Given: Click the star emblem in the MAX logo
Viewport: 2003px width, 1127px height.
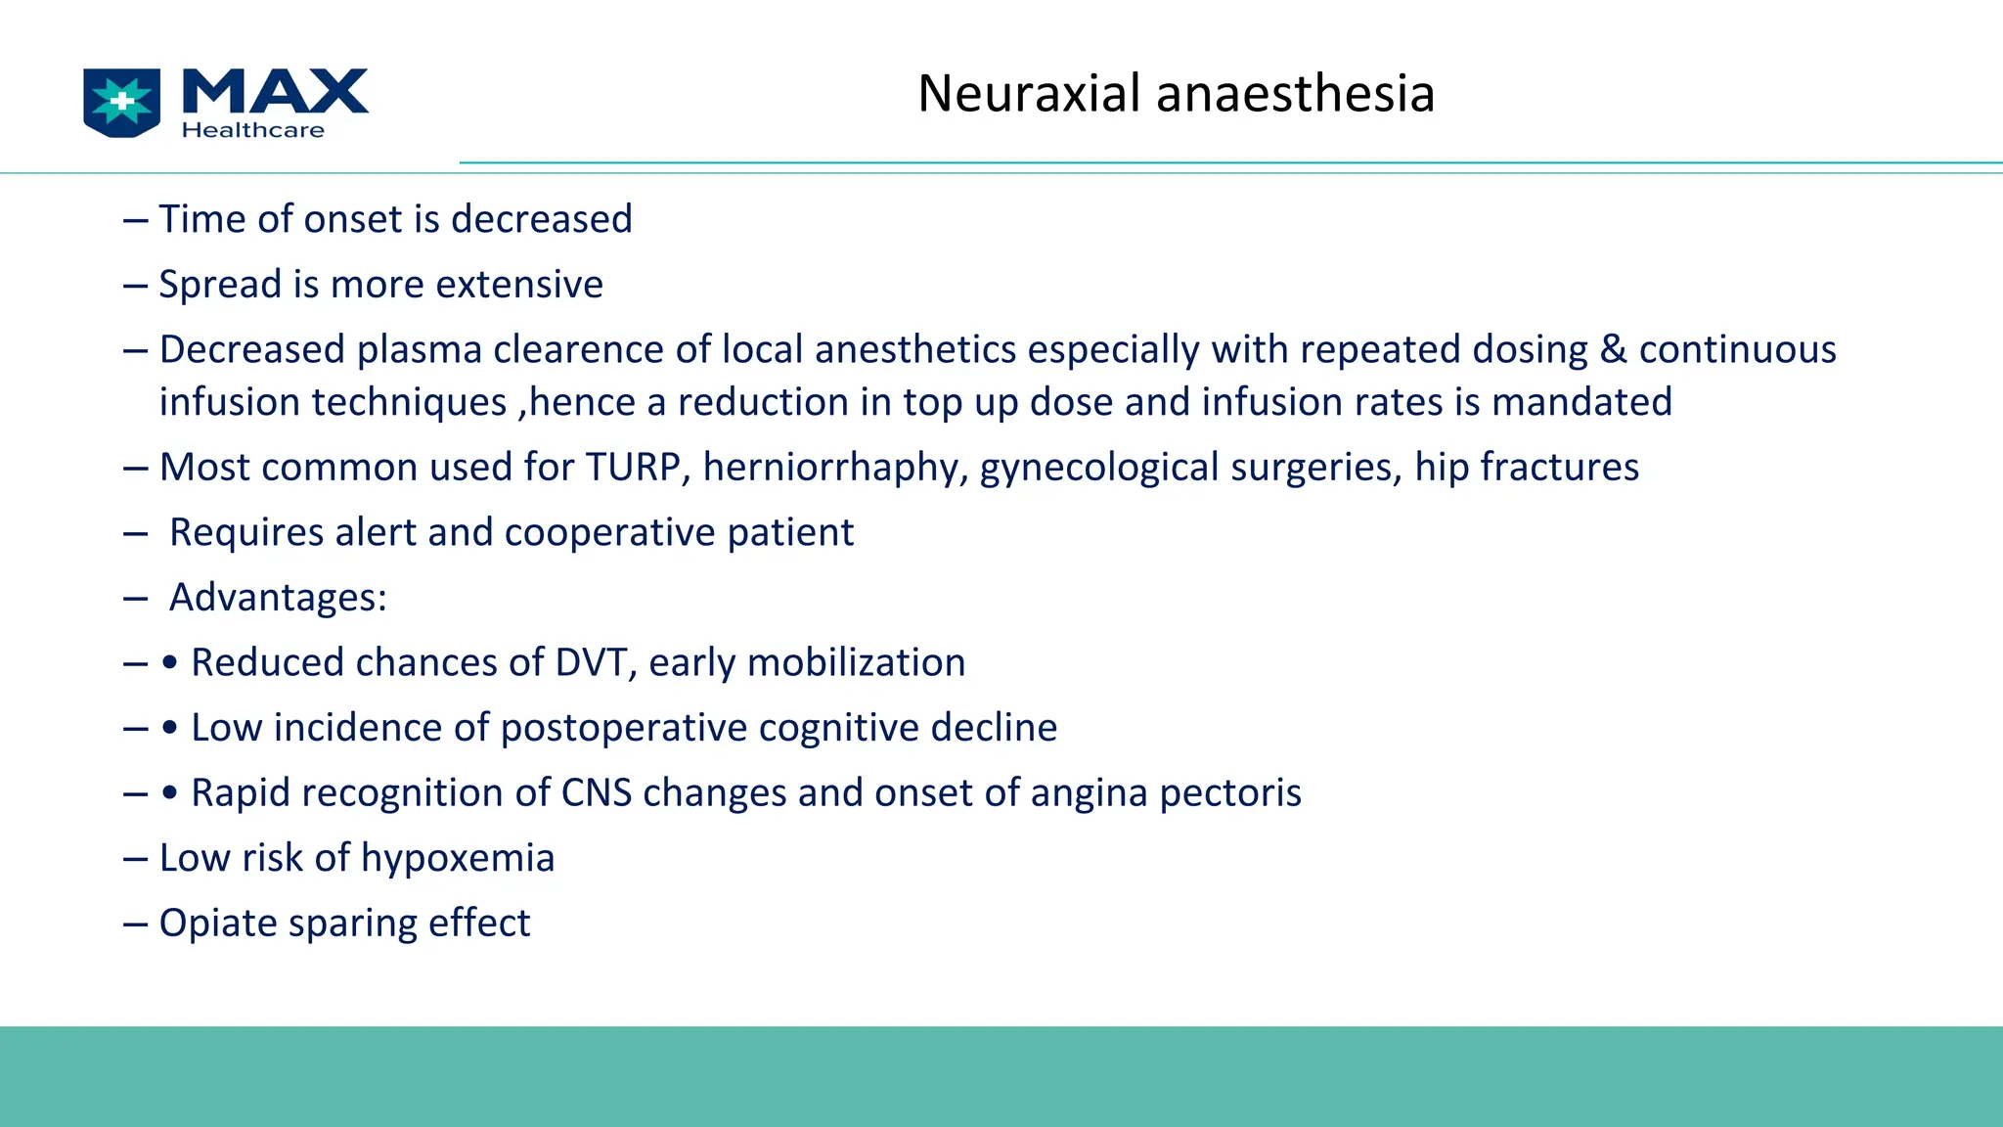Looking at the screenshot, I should pyautogui.click(x=122, y=102).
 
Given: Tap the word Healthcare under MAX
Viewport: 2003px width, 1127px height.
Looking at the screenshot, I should pyautogui.click(x=253, y=130).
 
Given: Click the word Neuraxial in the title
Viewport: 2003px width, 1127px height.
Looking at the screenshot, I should pyautogui.click(x=1029, y=94).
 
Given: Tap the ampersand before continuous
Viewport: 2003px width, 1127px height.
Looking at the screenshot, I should pyautogui.click(x=1613, y=350).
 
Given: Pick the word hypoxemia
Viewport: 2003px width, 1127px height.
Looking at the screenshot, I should pyautogui.click(x=458, y=859).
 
